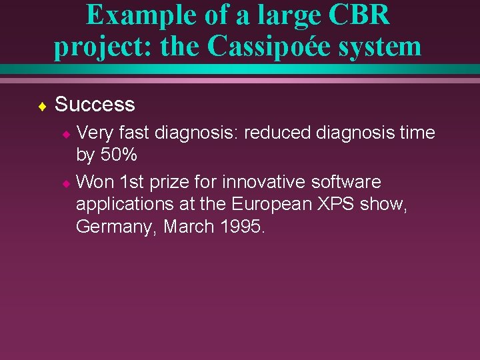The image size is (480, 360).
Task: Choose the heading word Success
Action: point(95,105)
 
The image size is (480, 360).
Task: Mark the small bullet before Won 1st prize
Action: point(66,183)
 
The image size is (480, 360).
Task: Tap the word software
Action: point(346,181)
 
